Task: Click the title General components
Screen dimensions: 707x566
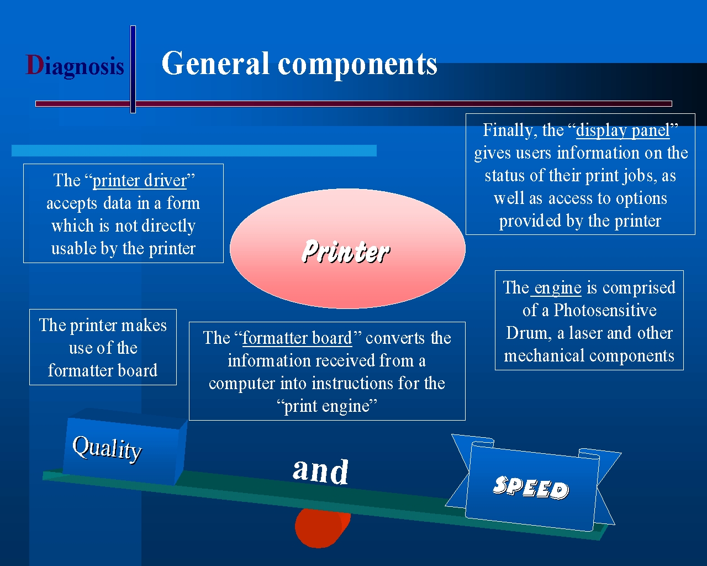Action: coord(299,64)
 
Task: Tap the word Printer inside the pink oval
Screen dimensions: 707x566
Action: coord(346,251)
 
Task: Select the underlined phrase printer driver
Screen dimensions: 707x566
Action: coord(140,181)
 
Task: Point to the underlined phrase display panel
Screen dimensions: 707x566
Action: coord(623,130)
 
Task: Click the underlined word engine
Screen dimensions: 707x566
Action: coord(557,288)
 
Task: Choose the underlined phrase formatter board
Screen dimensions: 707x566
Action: coord(297,338)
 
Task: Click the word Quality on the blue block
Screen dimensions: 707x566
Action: coord(107,449)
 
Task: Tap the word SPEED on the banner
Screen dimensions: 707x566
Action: coord(531,488)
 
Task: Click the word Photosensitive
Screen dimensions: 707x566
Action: coord(605,311)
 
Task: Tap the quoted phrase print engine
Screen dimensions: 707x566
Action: coord(327,406)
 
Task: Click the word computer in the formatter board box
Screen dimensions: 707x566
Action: coord(242,384)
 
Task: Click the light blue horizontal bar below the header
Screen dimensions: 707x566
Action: coord(194,151)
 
